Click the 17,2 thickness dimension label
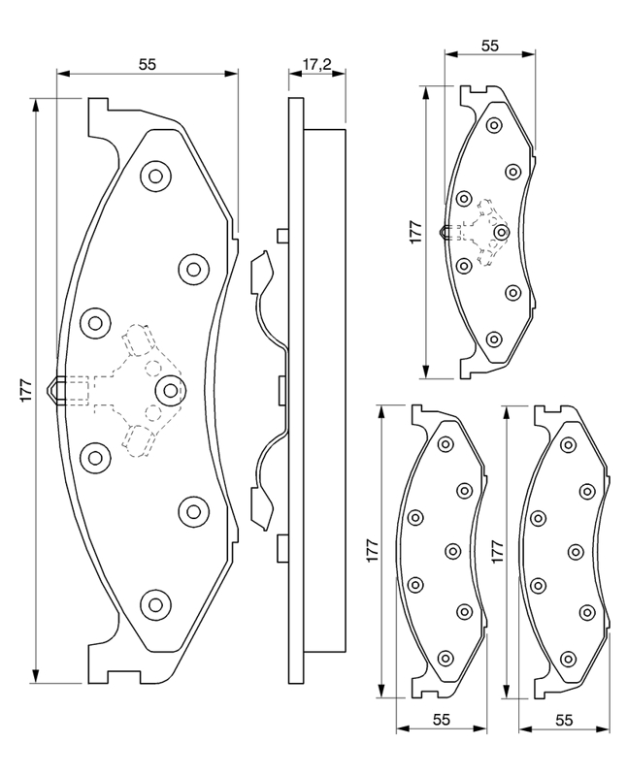click(317, 66)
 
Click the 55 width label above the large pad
click(147, 65)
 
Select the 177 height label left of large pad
click(27, 389)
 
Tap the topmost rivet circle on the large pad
click(154, 177)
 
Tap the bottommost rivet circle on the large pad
click(154, 602)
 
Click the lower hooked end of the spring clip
click(260, 508)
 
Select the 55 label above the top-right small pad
click(489, 46)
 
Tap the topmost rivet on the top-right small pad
click(493, 125)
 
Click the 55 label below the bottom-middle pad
click(442, 720)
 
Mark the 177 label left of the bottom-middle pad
click(373, 550)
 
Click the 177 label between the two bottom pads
click(498, 550)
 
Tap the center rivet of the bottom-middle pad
click(452, 551)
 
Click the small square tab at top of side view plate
click(282, 235)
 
